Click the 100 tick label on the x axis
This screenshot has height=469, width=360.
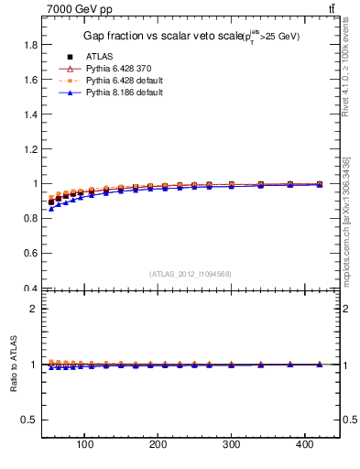(x=84, y=447)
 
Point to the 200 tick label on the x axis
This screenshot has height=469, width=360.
(x=158, y=447)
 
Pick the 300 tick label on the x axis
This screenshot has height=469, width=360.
(x=231, y=447)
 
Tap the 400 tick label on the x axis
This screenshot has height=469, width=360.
(x=304, y=447)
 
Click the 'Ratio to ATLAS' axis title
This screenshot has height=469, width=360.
(x=13, y=364)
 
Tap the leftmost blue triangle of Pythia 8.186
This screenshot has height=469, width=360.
(x=51, y=209)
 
